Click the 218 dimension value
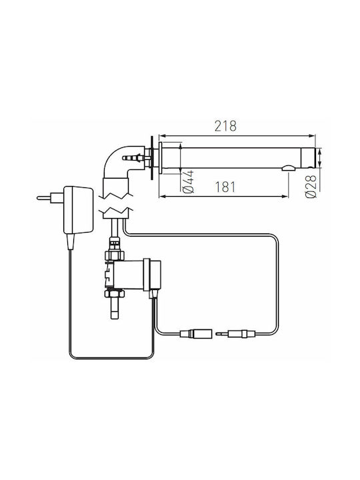coord(225,126)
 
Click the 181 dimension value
coord(225,187)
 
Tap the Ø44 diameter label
coord(188,182)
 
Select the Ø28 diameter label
coord(311,187)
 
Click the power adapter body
coord(78,210)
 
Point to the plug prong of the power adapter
coord(44,198)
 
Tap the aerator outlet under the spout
coord(289,167)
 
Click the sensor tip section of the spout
coord(307,158)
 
